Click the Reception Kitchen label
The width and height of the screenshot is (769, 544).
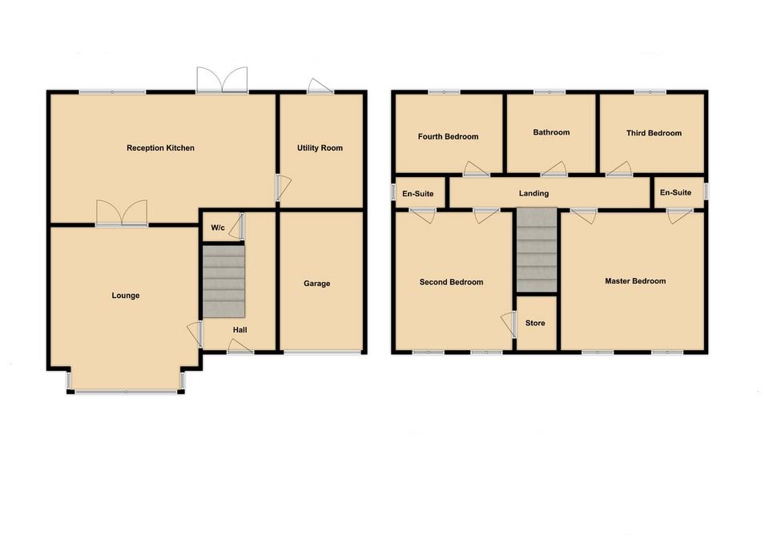point(160,148)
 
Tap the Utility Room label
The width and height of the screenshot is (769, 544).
point(320,148)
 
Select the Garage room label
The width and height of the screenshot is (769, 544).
point(316,284)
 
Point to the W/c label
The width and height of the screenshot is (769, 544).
point(218,228)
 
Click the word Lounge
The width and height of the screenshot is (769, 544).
point(125,296)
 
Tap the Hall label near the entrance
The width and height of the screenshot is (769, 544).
point(240,329)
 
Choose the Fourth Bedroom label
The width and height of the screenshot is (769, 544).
point(448,137)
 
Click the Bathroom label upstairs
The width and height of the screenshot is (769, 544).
point(551,132)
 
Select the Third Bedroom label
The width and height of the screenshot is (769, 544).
point(654,133)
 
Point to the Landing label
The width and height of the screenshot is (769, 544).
point(533,193)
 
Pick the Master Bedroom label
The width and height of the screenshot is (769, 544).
point(635,281)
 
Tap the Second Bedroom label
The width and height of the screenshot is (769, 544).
point(451,282)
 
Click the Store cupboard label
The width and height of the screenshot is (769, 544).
point(535,324)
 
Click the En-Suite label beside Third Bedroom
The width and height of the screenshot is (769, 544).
point(675,193)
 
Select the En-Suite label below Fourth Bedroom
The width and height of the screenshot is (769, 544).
point(417,193)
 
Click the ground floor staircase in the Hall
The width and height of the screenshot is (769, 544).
point(223,280)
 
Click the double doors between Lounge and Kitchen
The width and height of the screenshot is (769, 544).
point(122,214)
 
